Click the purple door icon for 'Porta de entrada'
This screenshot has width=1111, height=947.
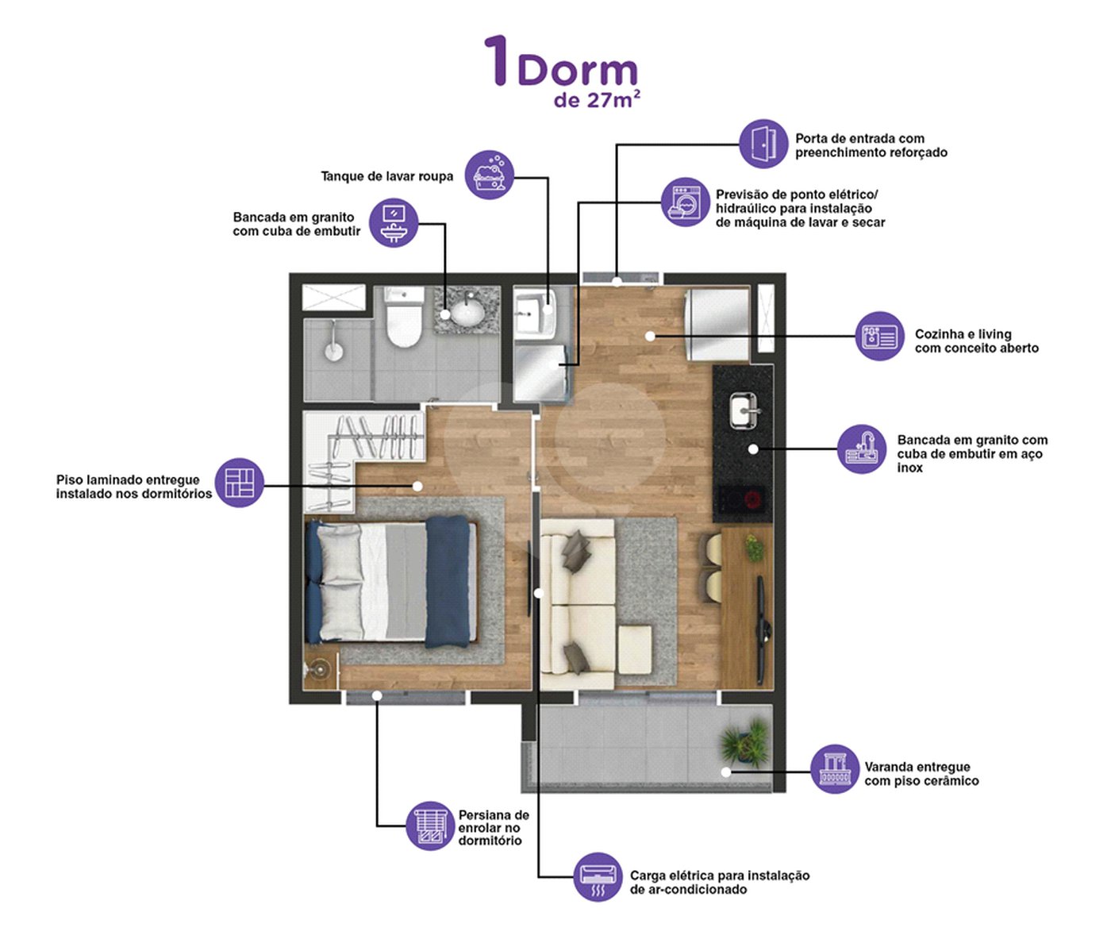coord(763,144)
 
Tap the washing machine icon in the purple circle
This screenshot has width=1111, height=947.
coord(685,202)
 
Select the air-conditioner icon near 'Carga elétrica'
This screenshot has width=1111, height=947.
coord(598,876)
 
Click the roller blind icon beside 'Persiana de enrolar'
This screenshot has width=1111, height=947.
coord(430,826)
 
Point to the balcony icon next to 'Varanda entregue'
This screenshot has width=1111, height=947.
coord(835,769)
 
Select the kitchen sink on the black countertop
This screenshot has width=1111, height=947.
coord(744,410)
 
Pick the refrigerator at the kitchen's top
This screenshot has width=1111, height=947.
coord(717,325)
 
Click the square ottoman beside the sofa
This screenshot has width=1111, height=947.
coord(635,649)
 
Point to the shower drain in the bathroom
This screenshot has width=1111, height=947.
coord(333,352)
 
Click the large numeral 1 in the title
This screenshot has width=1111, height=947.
coord(498,60)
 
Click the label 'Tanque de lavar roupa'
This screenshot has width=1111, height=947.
coord(387,176)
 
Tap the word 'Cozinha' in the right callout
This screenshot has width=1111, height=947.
coord(939,334)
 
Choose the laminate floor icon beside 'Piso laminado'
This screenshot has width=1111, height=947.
coord(240,483)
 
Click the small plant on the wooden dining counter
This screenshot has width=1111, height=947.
coord(754,548)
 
